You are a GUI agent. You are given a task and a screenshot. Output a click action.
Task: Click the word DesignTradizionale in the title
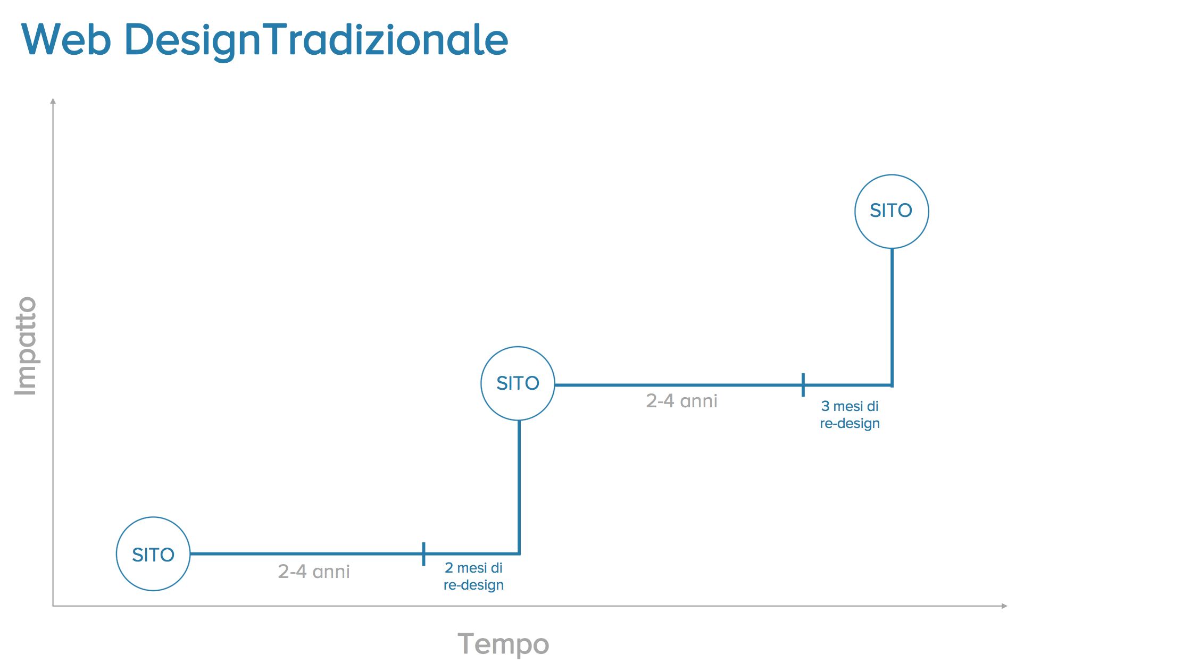click(x=316, y=41)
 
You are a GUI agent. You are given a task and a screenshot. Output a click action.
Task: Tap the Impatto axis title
click(x=26, y=346)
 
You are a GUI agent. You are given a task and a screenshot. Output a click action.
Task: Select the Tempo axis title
click(x=503, y=644)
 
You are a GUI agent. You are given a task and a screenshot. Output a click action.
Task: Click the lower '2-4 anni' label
click(x=314, y=572)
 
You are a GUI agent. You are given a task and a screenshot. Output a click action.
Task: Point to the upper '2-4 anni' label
click(x=681, y=401)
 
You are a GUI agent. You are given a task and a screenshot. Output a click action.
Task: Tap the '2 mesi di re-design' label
click(x=473, y=576)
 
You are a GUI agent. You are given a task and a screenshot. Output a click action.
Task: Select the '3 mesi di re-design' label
click(x=850, y=415)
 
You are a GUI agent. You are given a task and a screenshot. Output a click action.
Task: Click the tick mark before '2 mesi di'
click(x=423, y=554)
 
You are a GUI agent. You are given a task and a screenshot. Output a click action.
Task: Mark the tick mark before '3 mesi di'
click(x=803, y=385)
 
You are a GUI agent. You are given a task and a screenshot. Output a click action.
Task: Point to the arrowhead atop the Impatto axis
click(x=53, y=101)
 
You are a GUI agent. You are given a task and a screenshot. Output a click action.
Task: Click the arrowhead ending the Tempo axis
click(x=1004, y=606)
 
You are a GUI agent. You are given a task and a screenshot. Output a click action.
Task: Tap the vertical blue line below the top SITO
click(x=892, y=317)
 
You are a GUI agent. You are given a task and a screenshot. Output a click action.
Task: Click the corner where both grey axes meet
click(x=53, y=606)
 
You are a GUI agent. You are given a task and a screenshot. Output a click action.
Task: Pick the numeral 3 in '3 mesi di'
click(x=825, y=406)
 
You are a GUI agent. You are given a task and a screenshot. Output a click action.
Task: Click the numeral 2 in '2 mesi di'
click(x=449, y=568)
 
